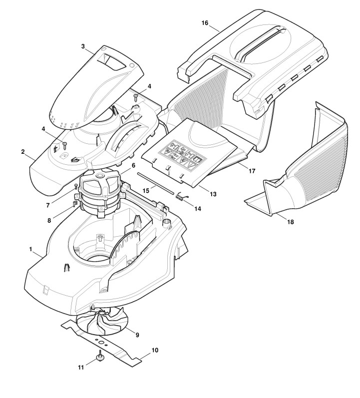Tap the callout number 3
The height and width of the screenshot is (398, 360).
click(x=83, y=46)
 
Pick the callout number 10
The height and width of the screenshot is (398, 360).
click(x=155, y=350)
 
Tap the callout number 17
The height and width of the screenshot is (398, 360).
click(x=252, y=171)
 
